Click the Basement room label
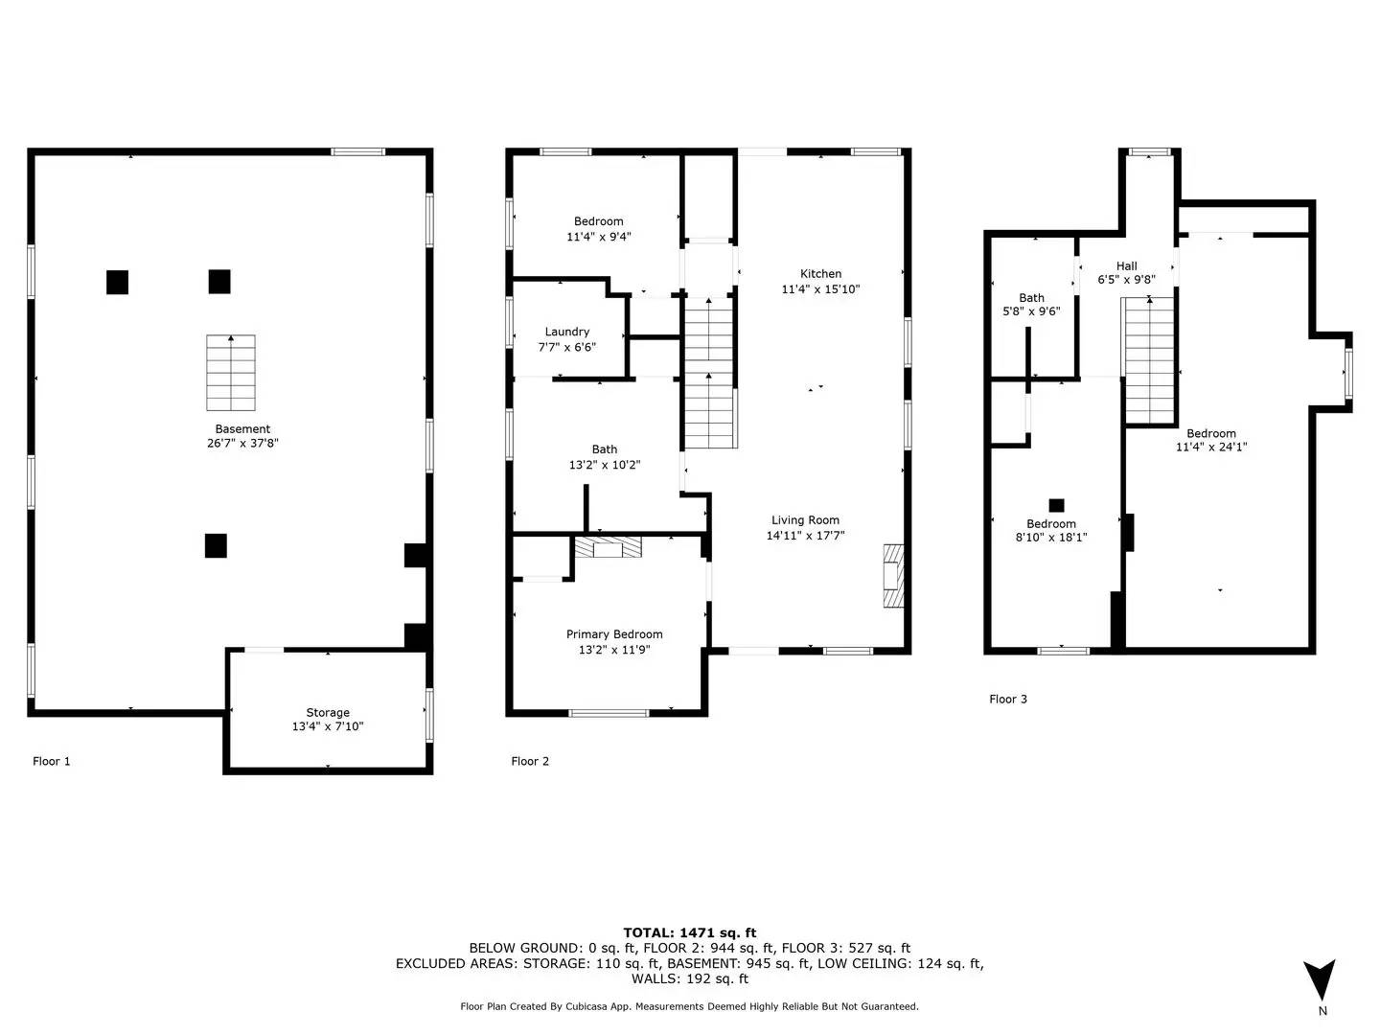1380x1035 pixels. (242, 429)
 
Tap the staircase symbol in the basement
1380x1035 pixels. (231, 373)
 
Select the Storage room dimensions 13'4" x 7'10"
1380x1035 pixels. (328, 727)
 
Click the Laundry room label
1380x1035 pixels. (567, 332)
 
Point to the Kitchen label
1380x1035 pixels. (820, 274)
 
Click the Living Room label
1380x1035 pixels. (805, 520)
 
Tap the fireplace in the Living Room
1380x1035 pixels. (892, 575)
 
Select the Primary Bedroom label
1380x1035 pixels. (614, 634)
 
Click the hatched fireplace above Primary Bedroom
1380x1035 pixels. (608, 547)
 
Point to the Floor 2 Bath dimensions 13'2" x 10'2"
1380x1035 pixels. (605, 465)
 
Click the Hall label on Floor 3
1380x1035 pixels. (1127, 266)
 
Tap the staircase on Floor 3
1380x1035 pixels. (1149, 360)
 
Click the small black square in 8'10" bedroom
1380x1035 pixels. (1056, 505)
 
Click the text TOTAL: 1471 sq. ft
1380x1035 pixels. (689, 932)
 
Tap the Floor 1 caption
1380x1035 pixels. (52, 762)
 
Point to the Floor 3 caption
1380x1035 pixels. (1008, 700)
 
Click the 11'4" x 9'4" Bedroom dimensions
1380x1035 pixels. (599, 237)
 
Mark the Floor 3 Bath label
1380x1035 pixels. (1032, 298)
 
